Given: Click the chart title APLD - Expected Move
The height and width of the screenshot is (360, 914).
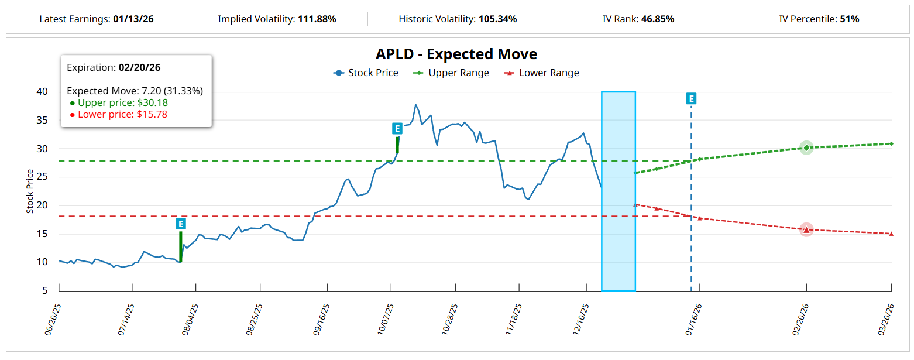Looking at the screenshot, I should click(x=456, y=54).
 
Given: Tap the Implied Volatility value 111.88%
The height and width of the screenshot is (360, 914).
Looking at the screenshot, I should click(x=317, y=19).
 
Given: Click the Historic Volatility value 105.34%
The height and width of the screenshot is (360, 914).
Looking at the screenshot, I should click(x=497, y=19).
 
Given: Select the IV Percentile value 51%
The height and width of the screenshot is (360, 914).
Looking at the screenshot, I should click(x=849, y=19).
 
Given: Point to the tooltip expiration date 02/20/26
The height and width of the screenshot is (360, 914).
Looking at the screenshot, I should click(x=139, y=67).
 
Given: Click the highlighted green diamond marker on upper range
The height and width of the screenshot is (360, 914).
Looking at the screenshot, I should click(x=806, y=148).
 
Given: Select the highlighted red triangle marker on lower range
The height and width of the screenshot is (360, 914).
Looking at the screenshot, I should click(x=806, y=229).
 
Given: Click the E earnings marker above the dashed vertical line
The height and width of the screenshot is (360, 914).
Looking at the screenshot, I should click(x=691, y=98).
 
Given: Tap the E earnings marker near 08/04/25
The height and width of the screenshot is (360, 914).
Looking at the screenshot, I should click(x=181, y=224).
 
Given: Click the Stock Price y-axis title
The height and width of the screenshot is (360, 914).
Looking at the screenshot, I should click(x=30, y=191).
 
